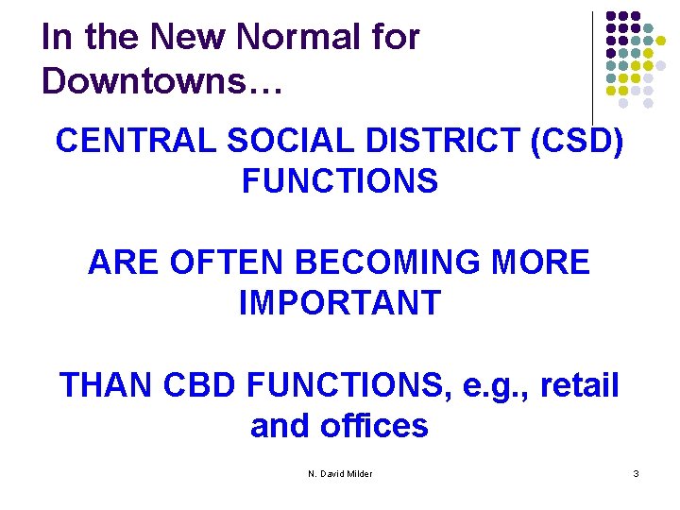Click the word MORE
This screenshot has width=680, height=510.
[548, 263]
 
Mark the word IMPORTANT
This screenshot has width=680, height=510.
[339, 303]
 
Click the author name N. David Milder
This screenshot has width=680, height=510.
[340, 473]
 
